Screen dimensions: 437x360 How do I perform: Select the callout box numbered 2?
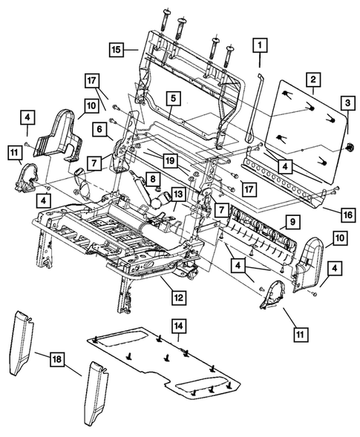(x=314, y=79)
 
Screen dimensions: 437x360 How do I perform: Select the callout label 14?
(x=179, y=325)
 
